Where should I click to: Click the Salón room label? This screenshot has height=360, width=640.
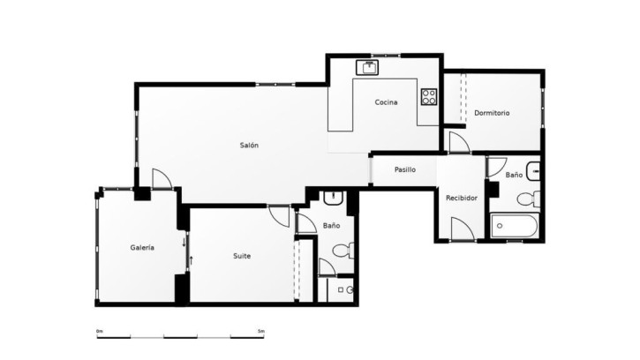point(249,145)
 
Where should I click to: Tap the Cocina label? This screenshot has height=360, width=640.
point(386,102)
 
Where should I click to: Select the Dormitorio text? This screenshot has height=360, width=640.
point(492,113)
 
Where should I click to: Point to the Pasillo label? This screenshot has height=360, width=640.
point(405,169)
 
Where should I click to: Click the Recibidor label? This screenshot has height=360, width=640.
point(462,198)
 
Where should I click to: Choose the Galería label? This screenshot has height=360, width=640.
point(142,247)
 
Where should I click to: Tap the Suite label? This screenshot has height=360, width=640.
point(242,256)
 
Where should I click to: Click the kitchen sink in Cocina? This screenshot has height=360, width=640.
point(367,67)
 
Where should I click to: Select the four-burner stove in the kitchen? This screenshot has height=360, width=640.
point(429,97)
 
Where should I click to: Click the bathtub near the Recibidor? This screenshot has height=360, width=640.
point(515,226)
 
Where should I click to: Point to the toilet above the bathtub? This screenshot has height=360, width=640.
point(529,199)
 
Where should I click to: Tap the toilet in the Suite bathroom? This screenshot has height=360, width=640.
point(343,251)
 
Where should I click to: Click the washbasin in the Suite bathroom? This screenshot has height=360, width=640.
point(334,198)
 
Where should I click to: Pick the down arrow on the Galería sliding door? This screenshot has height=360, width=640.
point(184,242)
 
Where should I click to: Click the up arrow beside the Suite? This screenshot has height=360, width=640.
point(191,260)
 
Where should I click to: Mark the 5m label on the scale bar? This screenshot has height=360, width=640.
point(261,331)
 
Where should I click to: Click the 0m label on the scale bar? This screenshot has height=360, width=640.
point(100,331)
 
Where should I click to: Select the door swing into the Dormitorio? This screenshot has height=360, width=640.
point(459,142)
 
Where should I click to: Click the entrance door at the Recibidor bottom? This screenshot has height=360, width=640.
point(463,229)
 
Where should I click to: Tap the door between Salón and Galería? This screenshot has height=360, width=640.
point(162,179)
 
